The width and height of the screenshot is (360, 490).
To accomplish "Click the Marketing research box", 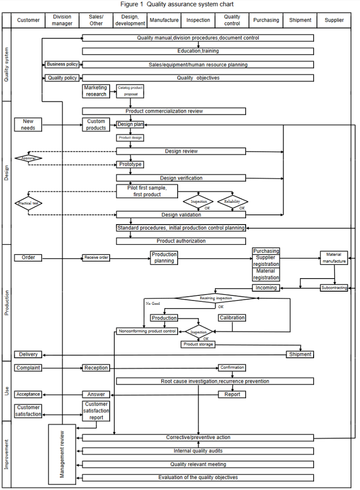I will pyautogui.click(x=96, y=91).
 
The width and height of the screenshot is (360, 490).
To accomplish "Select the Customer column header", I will pyautogui.click(x=28, y=20).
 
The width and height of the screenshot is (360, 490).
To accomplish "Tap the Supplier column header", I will pyautogui.click(x=334, y=20).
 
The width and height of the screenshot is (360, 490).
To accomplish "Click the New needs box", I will pyautogui.click(x=28, y=124).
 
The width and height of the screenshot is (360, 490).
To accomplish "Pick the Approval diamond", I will pyautogui.click(x=28, y=158).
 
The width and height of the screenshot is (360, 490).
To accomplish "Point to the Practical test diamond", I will pyautogui.click(x=28, y=204).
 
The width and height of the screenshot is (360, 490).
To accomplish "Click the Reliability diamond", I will pyautogui.click(x=232, y=202).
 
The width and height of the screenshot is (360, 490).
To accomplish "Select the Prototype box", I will pyautogui.click(x=130, y=165).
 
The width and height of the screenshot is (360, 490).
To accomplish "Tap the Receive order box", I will pyautogui.click(x=96, y=257).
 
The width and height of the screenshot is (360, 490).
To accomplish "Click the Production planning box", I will pyautogui.click(x=164, y=258).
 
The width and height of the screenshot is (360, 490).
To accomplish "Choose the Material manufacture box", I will pyautogui.click(x=334, y=258).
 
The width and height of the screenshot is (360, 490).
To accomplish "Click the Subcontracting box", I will pyautogui.click(x=334, y=287).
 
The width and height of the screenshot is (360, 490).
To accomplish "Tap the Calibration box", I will pyautogui.click(x=232, y=318).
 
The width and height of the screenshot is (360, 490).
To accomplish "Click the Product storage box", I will pyautogui.click(x=198, y=344).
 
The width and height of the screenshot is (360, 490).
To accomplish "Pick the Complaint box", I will pyautogui.click(x=28, y=368).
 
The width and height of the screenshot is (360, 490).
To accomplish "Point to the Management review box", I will pyautogui.click(x=62, y=454).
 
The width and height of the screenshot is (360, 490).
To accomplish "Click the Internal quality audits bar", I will pyautogui.click(x=198, y=451).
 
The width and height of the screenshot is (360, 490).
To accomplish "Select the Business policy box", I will pyautogui.click(x=62, y=64).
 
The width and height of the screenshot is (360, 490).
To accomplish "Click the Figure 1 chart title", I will pyautogui.click(x=180, y=4).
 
